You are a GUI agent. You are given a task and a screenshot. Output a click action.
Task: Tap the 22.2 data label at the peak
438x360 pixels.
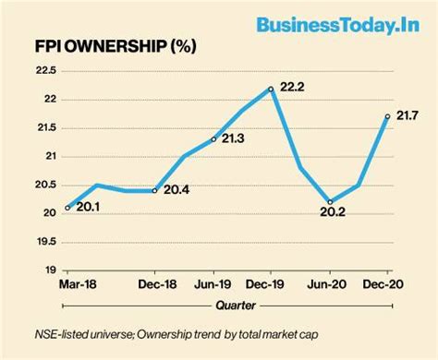click(x=295, y=86)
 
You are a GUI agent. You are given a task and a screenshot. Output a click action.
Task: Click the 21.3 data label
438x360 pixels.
click(x=234, y=138)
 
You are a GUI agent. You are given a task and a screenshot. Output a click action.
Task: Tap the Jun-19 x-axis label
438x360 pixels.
click(x=213, y=282)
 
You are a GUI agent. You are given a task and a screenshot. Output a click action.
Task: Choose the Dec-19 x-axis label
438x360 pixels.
click(x=271, y=282)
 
